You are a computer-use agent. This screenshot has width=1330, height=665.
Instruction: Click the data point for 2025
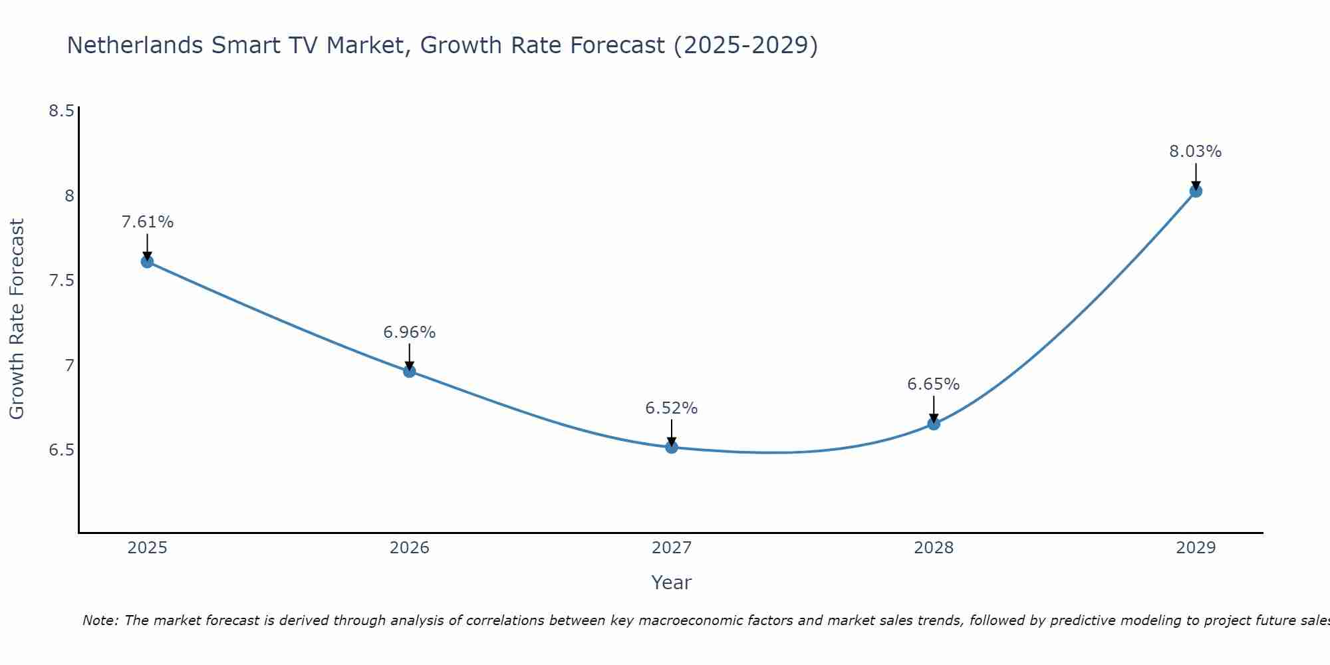click(x=147, y=261)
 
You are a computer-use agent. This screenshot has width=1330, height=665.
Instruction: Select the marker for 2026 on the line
click(x=410, y=371)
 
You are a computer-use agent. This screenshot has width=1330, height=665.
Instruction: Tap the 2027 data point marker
click(x=672, y=447)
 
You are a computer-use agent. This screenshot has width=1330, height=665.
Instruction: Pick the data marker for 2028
click(x=934, y=424)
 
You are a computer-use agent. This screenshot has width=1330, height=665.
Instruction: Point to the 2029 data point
click(x=1196, y=191)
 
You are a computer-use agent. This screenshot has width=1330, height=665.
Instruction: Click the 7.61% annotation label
click(x=148, y=222)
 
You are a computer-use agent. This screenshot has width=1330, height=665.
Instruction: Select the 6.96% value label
click(x=410, y=332)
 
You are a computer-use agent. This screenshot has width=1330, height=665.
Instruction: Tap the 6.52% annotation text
click(x=672, y=408)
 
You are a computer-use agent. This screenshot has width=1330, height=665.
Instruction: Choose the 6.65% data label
click(x=934, y=384)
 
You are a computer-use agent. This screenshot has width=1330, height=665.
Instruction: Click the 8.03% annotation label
click(x=1196, y=152)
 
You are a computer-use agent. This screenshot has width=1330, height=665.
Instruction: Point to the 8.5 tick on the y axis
click(x=61, y=111)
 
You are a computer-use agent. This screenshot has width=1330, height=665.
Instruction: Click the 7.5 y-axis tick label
click(x=61, y=281)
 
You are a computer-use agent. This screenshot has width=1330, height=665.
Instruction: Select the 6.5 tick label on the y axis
click(x=61, y=450)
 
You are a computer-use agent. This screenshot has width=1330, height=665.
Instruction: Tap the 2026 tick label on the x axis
click(x=410, y=548)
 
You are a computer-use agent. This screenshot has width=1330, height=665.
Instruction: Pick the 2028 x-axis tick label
click(x=934, y=548)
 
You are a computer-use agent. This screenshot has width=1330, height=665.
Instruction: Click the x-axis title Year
click(x=672, y=583)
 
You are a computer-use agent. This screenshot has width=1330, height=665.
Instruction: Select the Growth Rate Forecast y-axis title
click(x=17, y=319)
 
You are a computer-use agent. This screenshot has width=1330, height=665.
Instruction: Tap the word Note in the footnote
click(x=100, y=620)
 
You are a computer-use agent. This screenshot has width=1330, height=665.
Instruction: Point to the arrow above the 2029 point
click(x=1196, y=176)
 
